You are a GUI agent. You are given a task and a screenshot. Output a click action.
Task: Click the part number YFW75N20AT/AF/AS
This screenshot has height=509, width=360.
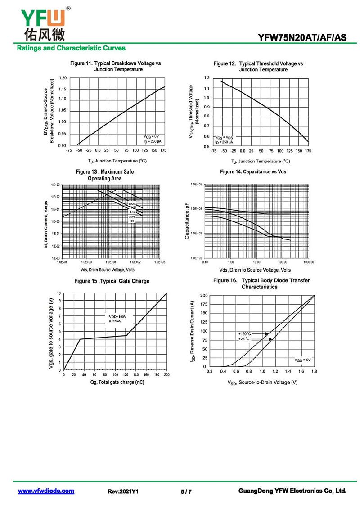(x=302, y=38)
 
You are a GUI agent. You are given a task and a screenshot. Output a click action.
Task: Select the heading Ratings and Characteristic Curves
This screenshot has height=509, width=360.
(x=71, y=48)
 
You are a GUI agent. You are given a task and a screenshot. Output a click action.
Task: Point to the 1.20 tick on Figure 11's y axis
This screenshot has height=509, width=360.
(x=62, y=78)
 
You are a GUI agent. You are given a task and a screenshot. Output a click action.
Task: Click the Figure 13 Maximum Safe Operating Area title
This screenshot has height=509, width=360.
(x=105, y=175)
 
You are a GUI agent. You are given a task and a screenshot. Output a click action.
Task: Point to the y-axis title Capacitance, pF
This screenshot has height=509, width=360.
(x=187, y=221)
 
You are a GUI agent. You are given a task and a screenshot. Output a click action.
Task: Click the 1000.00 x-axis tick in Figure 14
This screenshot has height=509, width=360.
(x=308, y=261)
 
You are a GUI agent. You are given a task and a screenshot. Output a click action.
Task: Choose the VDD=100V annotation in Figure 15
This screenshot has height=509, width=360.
(x=118, y=317)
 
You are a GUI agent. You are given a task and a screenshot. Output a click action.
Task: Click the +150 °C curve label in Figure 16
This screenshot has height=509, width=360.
(x=245, y=333)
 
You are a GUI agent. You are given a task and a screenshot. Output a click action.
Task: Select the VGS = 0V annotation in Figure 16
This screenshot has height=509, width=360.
(x=302, y=360)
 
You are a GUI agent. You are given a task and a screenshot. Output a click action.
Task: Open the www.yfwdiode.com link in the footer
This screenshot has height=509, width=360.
(x=46, y=491)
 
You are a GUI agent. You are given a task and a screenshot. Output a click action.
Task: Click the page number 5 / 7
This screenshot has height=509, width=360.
(x=186, y=491)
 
